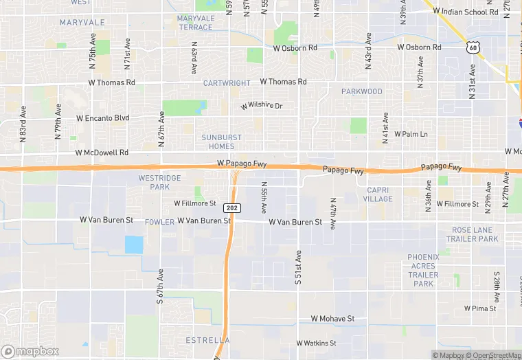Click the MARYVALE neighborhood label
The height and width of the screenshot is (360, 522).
82,23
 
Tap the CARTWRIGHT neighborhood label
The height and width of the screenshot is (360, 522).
227,83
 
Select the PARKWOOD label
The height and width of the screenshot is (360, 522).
362,91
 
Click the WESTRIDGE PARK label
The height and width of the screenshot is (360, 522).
159,182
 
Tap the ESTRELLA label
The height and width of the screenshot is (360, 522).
207,340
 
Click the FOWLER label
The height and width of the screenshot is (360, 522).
159,222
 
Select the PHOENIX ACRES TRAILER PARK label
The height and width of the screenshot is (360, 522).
423,270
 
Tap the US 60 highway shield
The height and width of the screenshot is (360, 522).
471,46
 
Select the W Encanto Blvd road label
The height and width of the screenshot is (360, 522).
102,118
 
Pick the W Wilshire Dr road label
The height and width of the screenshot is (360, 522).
262,106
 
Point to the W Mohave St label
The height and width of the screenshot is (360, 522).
332,319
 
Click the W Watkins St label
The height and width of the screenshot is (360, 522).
316,343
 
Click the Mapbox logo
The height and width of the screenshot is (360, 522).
30,351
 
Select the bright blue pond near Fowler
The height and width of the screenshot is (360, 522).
134,245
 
